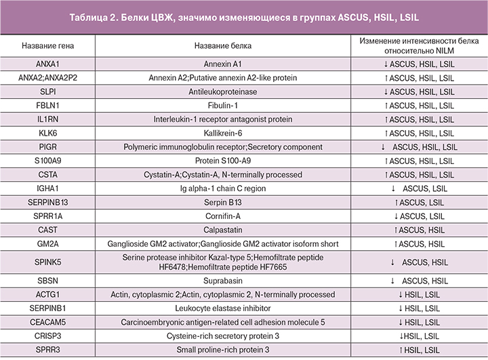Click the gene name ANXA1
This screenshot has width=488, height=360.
pyautogui.click(x=48, y=64)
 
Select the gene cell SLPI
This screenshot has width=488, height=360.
pyautogui.click(x=48, y=92)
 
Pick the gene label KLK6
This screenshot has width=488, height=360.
pyautogui.click(x=48, y=133)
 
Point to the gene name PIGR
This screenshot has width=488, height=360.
pyautogui.click(x=48, y=146)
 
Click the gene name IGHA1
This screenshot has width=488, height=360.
pyautogui.click(x=48, y=188)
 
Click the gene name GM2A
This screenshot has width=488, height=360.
pyautogui.click(x=48, y=243)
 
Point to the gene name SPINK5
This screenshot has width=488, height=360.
pyautogui.click(x=48, y=262)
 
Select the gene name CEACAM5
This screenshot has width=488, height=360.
pyautogui.click(x=48, y=321)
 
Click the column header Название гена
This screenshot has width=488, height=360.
pyautogui.click(x=48, y=45)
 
